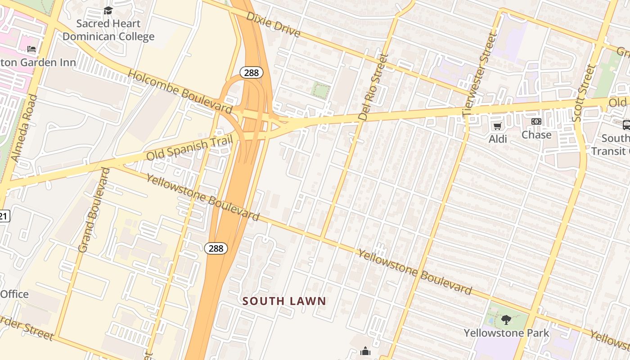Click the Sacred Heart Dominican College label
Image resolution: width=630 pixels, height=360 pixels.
tap(108, 30)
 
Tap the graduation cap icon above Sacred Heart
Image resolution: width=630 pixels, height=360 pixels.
tap(108, 10)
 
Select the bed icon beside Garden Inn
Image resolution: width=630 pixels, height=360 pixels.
tap(31, 49)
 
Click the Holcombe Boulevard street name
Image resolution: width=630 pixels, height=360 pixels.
tap(180, 91)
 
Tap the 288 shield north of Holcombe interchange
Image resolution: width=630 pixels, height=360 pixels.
tap(251, 72)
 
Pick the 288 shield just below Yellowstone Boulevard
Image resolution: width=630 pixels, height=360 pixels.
tap(216, 248)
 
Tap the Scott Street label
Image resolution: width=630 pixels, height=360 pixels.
tap(584, 93)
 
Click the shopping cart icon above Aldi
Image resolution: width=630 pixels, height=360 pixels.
tap(498, 126)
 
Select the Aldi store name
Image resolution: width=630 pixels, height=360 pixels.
tap(498, 139)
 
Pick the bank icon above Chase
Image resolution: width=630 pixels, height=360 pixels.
tap(536, 121)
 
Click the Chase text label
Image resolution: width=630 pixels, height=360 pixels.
tap(536, 135)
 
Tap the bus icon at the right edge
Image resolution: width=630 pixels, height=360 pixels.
tap(626, 125)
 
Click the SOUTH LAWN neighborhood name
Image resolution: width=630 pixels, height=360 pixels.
tap(284, 301)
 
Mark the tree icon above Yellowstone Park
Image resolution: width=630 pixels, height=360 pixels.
tap(506, 320)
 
